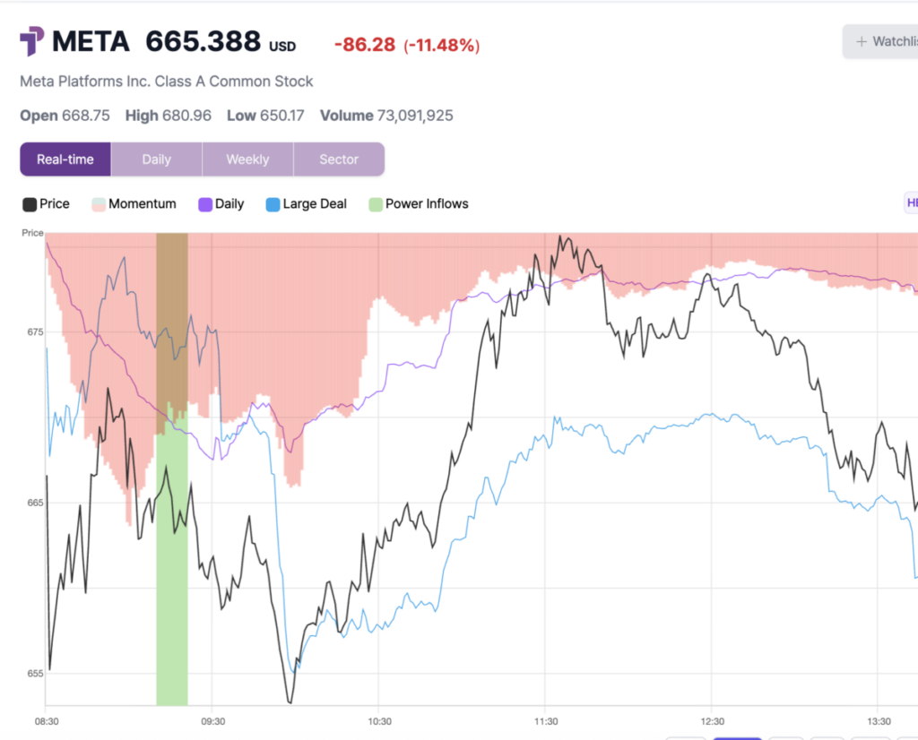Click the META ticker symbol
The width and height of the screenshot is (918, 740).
point(91,41)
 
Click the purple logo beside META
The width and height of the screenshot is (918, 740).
point(32,41)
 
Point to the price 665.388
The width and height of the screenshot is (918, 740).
point(204,41)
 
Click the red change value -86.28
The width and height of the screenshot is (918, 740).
point(364,45)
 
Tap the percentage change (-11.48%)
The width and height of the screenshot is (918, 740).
point(441,45)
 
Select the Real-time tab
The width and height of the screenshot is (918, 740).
point(65,159)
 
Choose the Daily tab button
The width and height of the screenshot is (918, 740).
point(156,159)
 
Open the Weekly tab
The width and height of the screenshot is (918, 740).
point(247,159)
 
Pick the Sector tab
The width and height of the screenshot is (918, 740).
point(339,159)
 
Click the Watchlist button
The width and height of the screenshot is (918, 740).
point(882,41)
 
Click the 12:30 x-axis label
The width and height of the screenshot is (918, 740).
point(712,721)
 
